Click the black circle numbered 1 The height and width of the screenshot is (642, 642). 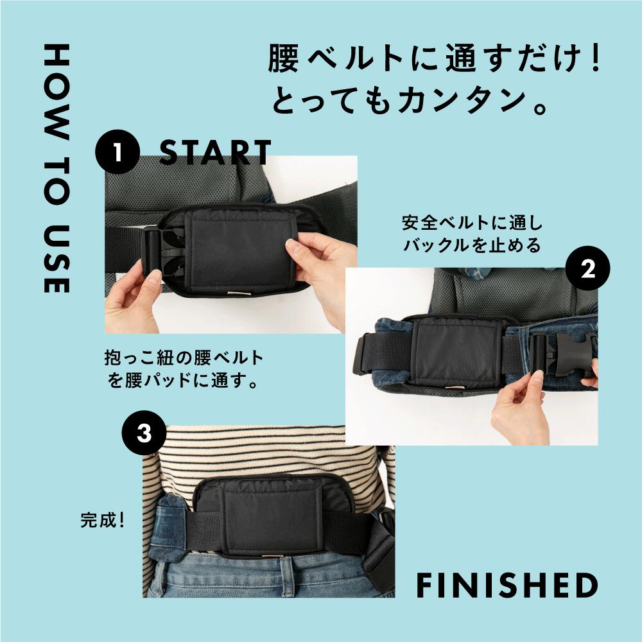click(x=117, y=152)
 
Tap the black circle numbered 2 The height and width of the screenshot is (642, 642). click(x=588, y=270)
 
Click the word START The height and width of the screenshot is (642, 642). click(x=215, y=152)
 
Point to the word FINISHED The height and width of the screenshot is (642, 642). click(x=507, y=585)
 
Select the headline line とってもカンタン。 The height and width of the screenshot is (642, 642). click(x=411, y=103)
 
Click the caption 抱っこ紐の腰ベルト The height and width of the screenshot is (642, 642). click(x=184, y=358)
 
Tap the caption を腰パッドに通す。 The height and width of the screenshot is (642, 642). click(x=184, y=383)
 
